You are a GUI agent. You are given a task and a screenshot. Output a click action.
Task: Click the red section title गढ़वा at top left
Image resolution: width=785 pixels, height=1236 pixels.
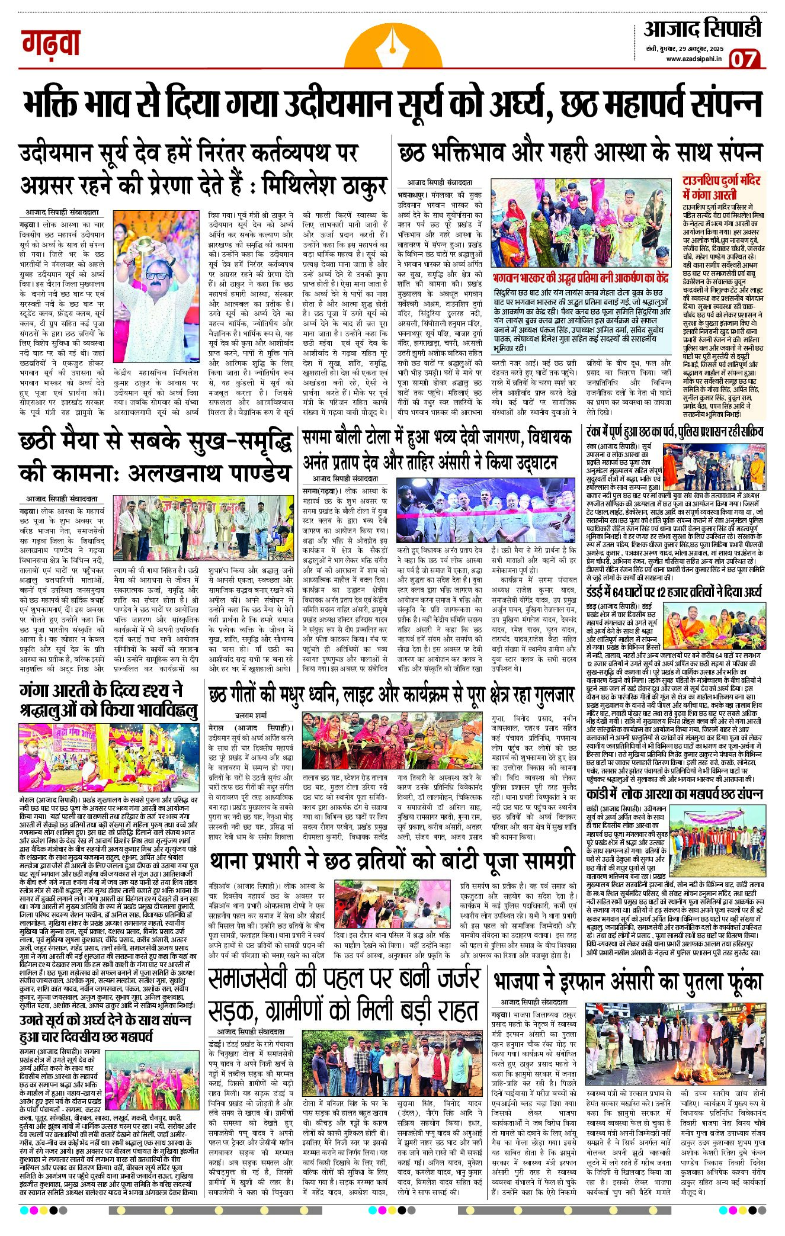pos(51,43)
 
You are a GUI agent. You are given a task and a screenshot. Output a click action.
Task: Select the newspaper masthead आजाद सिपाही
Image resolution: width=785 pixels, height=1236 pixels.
pos(703,28)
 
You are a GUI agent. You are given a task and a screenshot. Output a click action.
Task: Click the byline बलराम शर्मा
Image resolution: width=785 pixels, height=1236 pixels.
pos(251,715)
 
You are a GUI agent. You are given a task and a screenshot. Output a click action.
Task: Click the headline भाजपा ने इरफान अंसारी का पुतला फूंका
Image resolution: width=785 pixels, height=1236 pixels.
pos(628,981)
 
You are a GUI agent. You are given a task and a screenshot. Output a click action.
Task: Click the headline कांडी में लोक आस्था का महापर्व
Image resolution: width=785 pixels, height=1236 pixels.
pos(674,794)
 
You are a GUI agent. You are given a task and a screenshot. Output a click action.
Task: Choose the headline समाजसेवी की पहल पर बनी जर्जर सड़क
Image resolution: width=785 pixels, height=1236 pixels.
pos(344,994)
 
